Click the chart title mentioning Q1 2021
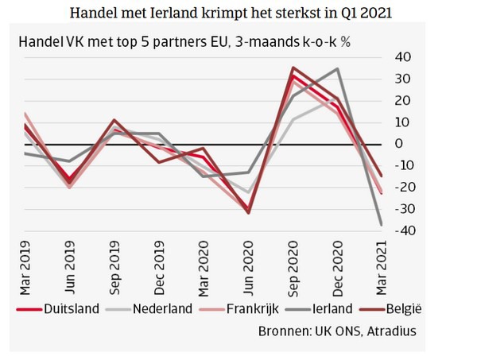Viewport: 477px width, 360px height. (238, 14)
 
